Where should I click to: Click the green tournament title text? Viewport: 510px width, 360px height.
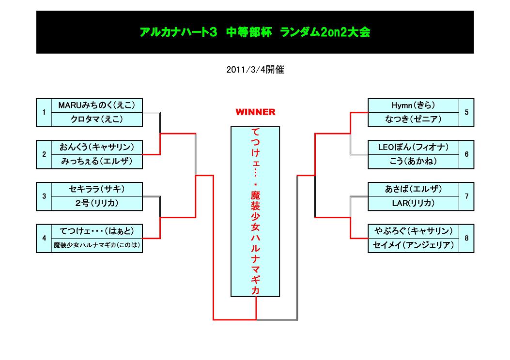(255, 32)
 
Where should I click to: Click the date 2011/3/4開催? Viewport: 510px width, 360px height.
(255, 70)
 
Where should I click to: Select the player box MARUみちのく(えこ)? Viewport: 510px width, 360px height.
(96, 105)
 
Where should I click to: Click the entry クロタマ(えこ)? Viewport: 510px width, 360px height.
(96, 119)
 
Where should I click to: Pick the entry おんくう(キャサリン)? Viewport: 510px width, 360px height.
(96, 147)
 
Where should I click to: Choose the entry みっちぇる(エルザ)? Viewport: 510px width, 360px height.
(96, 161)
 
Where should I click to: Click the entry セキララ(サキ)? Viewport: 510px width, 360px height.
(96, 189)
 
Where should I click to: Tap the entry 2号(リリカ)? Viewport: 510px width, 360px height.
(96, 203)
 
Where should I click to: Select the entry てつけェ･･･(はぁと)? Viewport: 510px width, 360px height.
(96, 231)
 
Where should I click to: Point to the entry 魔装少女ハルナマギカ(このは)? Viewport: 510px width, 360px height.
(96, 245)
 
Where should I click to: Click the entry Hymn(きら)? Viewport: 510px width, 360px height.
(413, 105)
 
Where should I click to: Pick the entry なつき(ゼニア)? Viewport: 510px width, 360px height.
(413, 119)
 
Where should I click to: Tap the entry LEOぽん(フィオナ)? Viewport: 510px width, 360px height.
(413, 147)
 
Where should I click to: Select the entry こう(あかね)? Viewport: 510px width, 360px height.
(413, 161)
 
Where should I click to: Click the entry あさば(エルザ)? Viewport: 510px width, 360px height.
(413, 189)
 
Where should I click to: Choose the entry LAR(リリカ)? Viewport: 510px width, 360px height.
(413, 203)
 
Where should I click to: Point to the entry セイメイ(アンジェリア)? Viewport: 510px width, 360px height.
(413, 245)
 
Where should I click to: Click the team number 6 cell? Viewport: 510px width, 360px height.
(466, 154)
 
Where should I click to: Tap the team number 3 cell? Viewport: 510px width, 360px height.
(44, 196)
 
